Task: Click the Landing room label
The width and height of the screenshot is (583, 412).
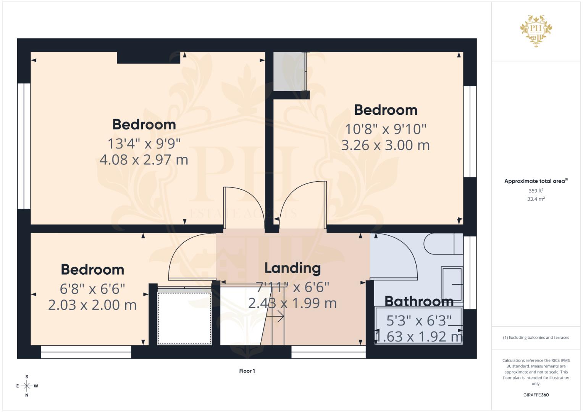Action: [x=292, y=268]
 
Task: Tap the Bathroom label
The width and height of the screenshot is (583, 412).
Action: [x=419, y=301]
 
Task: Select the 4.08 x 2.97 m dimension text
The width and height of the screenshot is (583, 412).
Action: [x=144, y=160]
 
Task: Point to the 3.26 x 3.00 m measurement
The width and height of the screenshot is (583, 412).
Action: [x=385, y=145]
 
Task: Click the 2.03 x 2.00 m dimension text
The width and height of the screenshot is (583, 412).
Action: [x=92, y=305]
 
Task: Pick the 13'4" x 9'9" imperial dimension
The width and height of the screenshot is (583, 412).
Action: [x=144, y=143]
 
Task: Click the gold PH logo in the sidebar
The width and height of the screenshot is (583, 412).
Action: [x=536, y=31]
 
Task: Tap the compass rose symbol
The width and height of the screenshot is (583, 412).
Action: [x=27, y=386]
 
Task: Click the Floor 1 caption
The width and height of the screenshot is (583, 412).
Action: [x=247, y=371]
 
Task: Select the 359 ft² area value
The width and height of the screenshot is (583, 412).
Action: [x=536, y=191]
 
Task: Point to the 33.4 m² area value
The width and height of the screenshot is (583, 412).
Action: [x=536, y=199]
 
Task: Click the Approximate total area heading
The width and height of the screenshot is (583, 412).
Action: [x=536, y=181]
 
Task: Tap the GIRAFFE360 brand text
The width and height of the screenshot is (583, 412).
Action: [x=536, y=395]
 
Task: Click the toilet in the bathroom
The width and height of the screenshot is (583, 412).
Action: [x=443, y=243]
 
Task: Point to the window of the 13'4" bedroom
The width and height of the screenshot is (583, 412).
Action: [x=24, y=146]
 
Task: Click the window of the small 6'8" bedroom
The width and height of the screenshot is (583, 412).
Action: [x=86, y=352]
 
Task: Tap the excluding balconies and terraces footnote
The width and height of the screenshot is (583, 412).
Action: [x=536, y=338]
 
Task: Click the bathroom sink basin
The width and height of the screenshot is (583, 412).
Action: [x=452, y=284]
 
